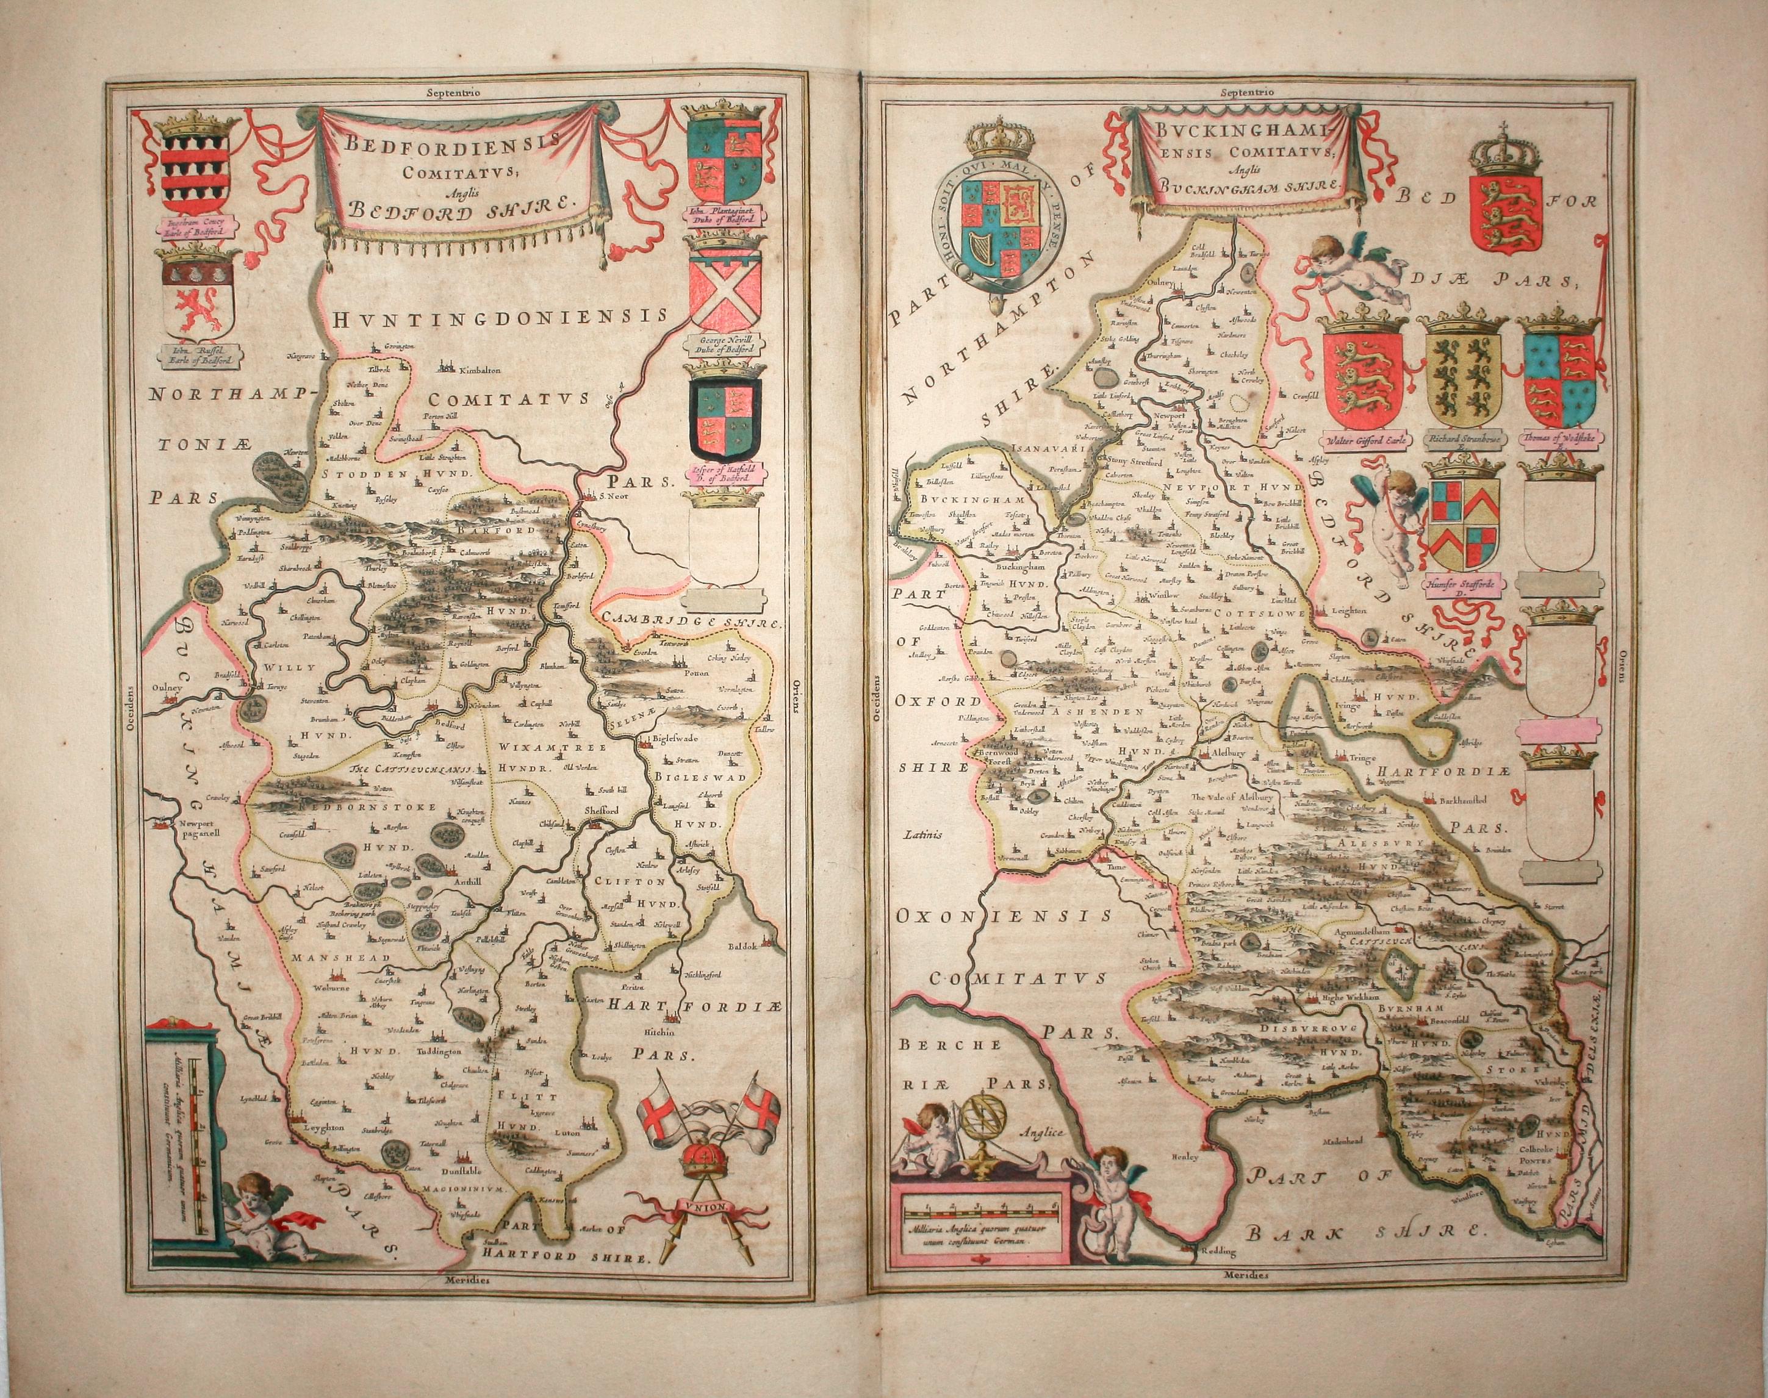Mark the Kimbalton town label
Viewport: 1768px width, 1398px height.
point(480,370)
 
